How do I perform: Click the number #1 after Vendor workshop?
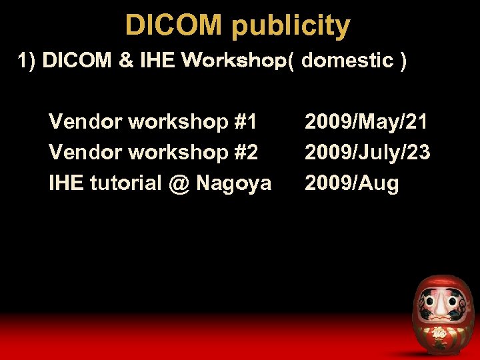(245, 122)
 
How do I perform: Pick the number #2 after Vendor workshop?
(245, 153)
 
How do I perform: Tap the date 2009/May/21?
(366, 122)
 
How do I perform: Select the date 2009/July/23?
(367, 153)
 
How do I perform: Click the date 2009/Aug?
(351, 183)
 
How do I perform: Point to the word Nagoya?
(233, 183)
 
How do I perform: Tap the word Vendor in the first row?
(85, 122)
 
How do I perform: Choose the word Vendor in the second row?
(85, 153)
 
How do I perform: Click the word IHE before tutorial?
(66, 183)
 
